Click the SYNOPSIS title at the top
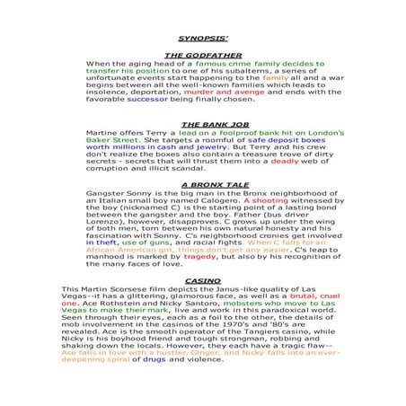[202, 40]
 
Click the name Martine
[104, 133]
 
